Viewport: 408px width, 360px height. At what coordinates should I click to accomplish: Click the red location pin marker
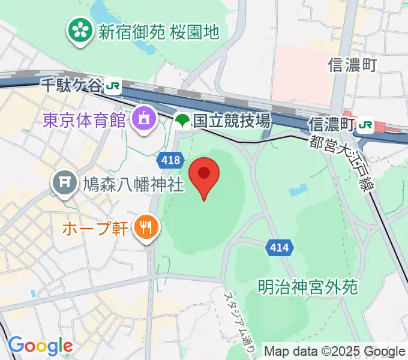point(204,175)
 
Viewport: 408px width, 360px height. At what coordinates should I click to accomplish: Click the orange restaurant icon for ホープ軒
point(145,228)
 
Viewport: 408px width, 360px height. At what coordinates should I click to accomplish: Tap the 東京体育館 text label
point(85,119)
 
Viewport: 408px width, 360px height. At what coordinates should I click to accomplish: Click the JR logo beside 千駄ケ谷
point(112,86)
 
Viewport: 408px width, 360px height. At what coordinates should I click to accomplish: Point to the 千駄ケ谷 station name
point(71,85)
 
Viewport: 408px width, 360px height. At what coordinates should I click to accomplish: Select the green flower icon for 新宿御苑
point(79,31)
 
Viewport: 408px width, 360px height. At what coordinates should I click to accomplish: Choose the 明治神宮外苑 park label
point(309,287)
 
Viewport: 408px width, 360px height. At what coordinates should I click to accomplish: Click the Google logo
point(40,346)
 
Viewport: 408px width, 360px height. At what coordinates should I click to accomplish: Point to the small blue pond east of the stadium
point(296,191)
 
